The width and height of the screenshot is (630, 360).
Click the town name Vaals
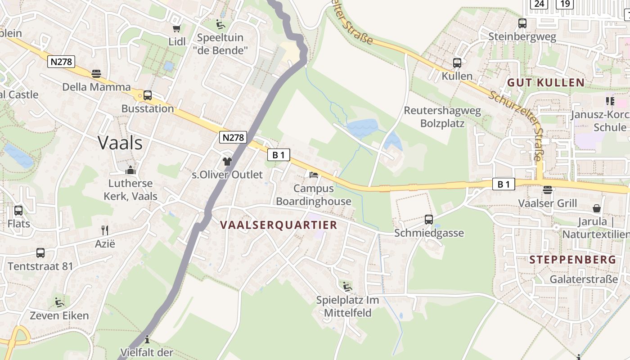pos(120,143)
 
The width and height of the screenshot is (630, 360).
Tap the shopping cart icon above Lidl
pos(177,28)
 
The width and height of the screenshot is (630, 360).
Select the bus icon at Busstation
pos(148,95)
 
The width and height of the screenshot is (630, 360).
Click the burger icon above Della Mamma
pos(96,73)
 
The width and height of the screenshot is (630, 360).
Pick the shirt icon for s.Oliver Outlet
pos(227,161)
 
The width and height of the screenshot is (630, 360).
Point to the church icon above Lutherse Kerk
pos(130,170)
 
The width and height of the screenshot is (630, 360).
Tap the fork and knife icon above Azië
pos(105,230)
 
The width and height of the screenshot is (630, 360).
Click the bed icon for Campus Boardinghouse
pos(314,175)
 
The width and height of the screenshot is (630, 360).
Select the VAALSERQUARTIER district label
pos(279,225)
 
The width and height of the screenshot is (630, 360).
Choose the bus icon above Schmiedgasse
pos(429,220)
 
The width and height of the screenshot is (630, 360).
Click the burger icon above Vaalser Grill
pos(547,190)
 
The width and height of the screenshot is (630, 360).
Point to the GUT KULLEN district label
pos(546,83)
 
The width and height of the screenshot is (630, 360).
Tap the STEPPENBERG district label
pos(572,260)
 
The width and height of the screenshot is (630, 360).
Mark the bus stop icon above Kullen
pos(457,63)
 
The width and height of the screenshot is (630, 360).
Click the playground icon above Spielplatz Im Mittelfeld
pos(346,286)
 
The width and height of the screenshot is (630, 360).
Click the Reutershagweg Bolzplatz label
pos(442,117)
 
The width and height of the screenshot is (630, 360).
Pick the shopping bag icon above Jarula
pos(597,208)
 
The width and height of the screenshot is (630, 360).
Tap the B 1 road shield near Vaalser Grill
pos(504,184)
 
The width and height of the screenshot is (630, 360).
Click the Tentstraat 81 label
pos(40,266)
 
